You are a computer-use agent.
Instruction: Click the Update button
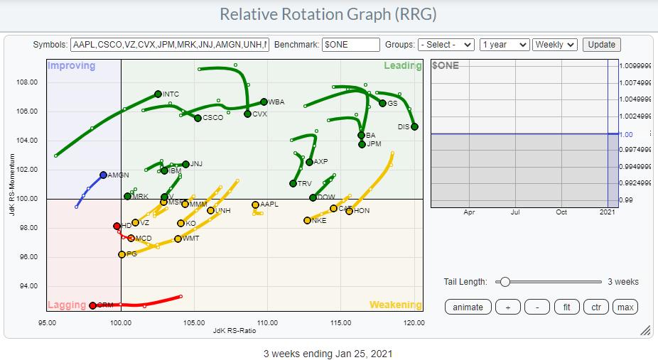pos(601,44)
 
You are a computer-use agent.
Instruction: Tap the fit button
pos(566,307)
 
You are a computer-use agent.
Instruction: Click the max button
pos(625,307)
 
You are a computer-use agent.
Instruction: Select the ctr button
pos(595,307)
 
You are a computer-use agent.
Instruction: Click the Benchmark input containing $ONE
pos(350,44)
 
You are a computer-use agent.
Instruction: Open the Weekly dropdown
pos(555,44)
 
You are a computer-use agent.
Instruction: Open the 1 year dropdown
pos(505,44)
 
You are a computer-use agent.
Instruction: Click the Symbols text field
pos(170,44)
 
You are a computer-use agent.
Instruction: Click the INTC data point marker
pos(158,94)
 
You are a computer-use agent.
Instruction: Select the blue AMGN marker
pos(103,175)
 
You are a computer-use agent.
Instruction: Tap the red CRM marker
pos(92,305)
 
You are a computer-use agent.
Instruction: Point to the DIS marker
pos(414,126)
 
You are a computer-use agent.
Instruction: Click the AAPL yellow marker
pos(255,204)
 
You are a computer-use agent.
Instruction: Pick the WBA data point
pos(264,102)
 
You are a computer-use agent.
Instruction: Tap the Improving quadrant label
pos(71,66)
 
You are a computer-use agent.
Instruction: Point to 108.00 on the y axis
pos(27,82)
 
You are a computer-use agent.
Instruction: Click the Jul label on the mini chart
pos(515,212)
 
